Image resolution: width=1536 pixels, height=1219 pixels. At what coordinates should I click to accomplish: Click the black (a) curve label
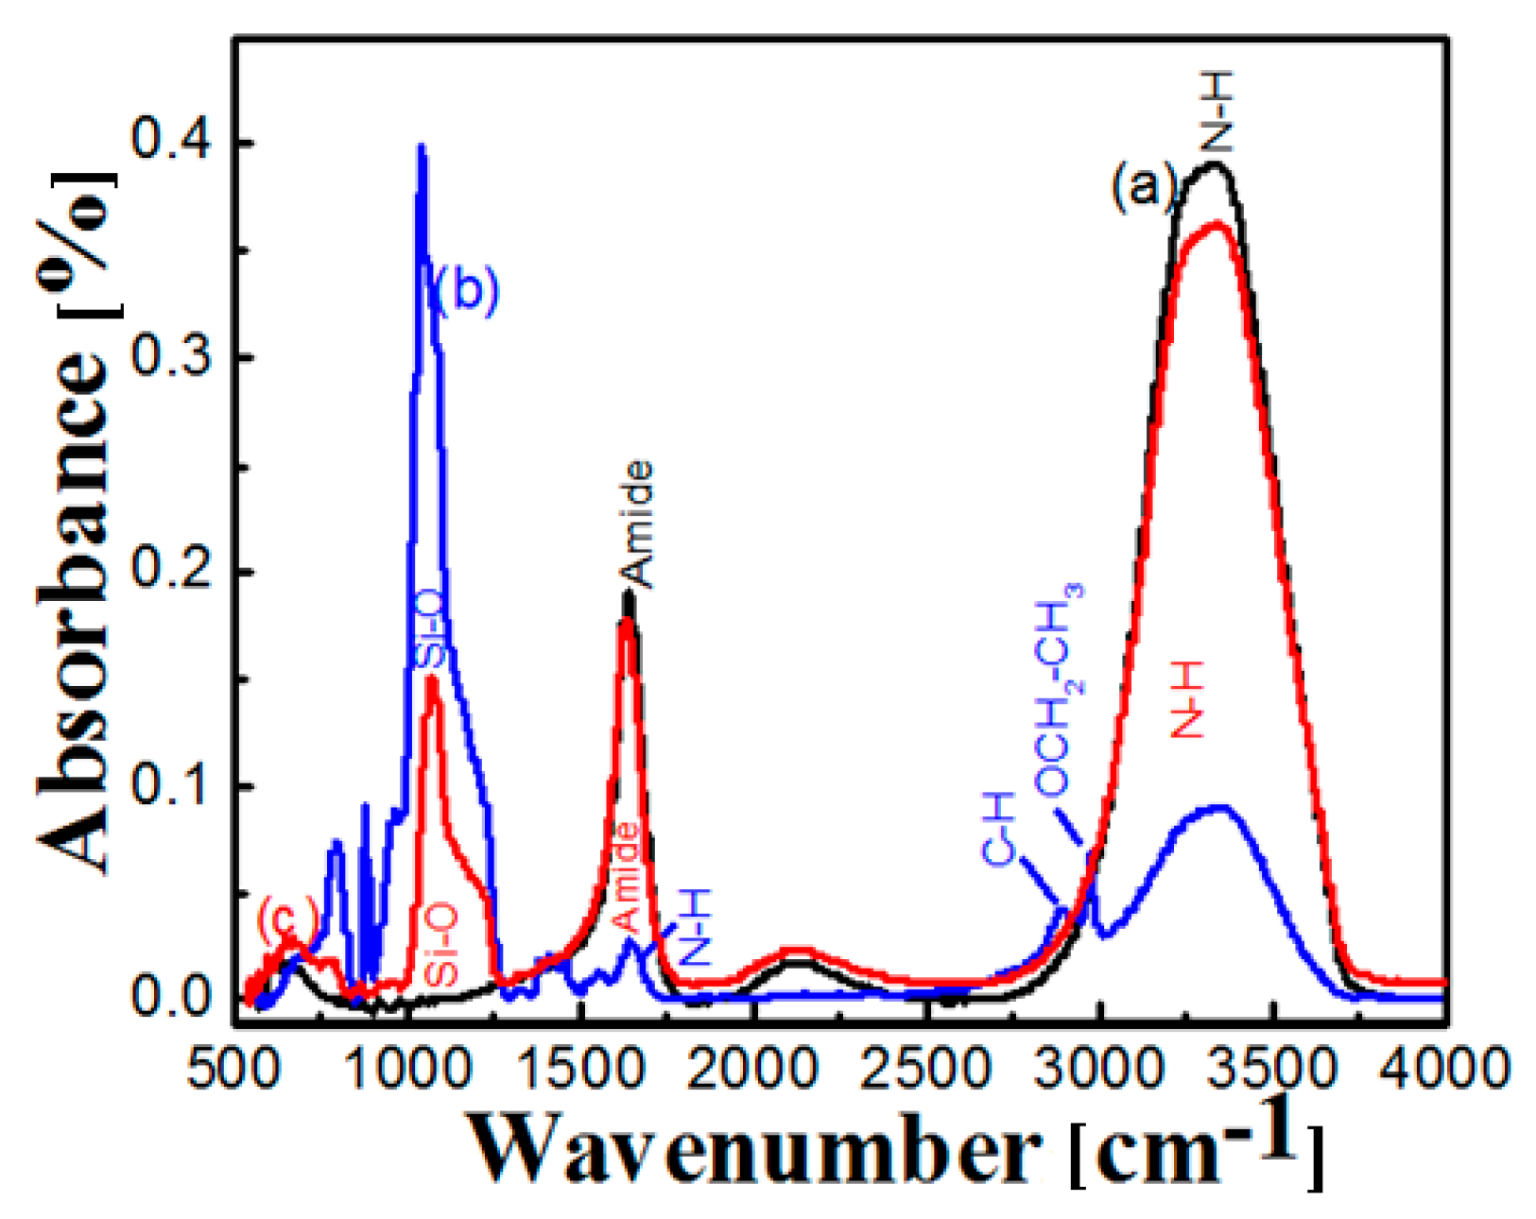tap(1142, 185)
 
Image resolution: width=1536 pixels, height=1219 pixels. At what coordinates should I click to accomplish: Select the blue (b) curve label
tap(466, 289)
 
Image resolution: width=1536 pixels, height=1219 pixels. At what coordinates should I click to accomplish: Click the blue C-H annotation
tap(999, 829)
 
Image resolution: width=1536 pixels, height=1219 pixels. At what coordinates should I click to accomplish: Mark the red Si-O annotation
tap(441, 943)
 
